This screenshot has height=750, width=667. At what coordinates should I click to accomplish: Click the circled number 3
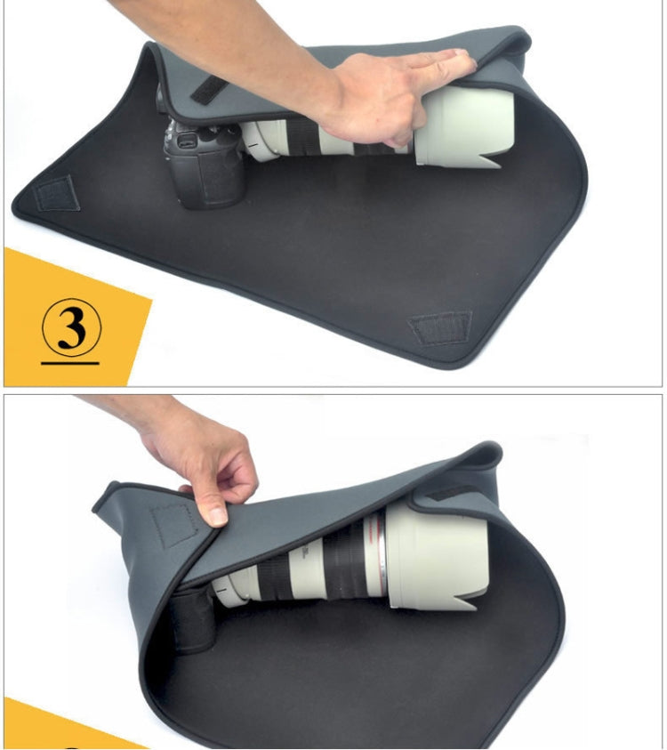pyautogui.click(x=71, y=328)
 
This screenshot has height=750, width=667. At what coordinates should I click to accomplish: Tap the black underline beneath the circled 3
pyautogui.click(x=70, y=363)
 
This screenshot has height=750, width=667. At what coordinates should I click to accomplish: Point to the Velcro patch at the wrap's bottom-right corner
pyautogui.click(x=440, y=327)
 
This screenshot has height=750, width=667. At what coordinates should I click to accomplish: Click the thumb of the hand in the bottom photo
pyautogui.click(x=213, y=504)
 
